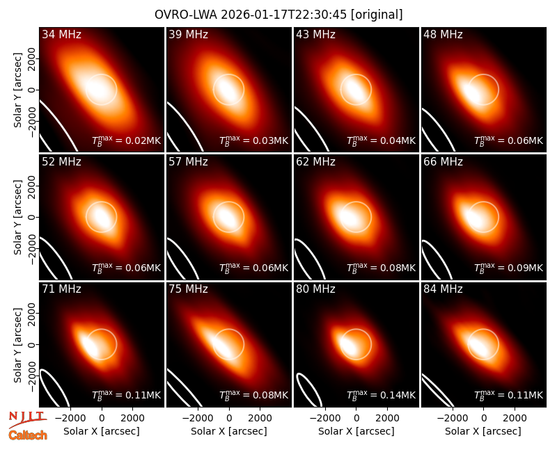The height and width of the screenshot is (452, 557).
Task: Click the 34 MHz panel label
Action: (x=61, y=34)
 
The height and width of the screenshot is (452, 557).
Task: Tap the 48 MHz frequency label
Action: (x=443, y=34)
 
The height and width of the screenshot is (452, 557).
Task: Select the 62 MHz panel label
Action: (x=315, y=162)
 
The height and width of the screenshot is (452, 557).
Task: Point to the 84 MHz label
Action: (x=443, y=289)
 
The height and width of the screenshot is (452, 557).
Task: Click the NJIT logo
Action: (x=28, y=419)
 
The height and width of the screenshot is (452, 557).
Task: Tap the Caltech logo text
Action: (x=28, y=435)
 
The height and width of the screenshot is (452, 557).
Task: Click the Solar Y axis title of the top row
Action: (x=17, y=90)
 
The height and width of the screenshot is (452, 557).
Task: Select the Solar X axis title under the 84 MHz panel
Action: (x=483, y=431)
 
